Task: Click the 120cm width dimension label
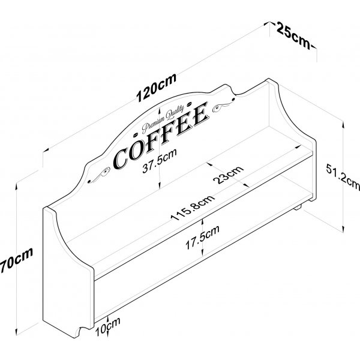tap(157, 87)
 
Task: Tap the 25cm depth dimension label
tap(293, 35)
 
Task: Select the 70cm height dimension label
tap(17, 260)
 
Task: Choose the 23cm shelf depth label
tap(228, 175)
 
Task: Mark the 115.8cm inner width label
tap(193, 208)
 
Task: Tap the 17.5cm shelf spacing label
tap(202, 238)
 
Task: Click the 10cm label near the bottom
tap(107, 326)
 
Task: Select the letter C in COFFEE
tap(121, 158)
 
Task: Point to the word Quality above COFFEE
tap(175, 112)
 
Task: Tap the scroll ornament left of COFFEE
tap(100, 175)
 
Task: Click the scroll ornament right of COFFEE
tap(224, 105)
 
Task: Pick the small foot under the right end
tap(298, 208)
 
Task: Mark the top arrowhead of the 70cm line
tap(16, 187)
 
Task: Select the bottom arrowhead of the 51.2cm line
tap(343, 229)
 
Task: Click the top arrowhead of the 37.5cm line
tap(159, 110)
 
